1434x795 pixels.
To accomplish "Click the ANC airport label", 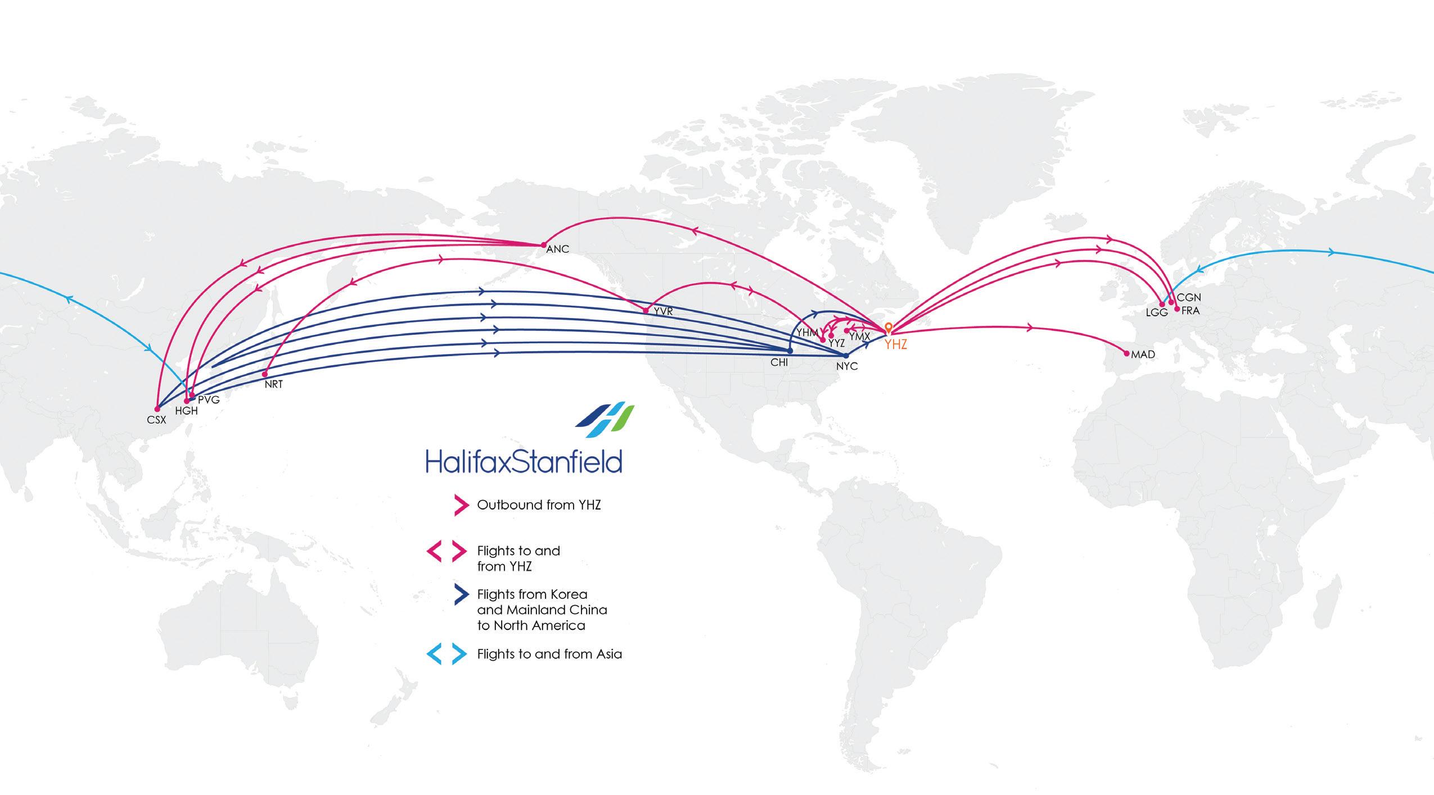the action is point(557,249).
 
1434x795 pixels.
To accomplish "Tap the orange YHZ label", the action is point(895,344).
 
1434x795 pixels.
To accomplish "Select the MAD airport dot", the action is point(1126,353).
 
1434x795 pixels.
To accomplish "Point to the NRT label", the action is point(273,385).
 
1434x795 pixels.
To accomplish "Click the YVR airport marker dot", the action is point(646,311).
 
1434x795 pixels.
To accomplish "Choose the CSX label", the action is point(156,420).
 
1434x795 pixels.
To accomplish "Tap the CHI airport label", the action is point(779,363).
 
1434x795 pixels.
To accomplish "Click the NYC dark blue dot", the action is point(846,356).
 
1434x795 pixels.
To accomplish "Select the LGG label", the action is point(1157,313).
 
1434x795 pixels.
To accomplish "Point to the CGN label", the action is point(1189,298).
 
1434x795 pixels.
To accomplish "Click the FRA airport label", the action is point(1191,310).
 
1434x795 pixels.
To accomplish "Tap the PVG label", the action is point(208,400).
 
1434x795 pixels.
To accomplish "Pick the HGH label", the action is point(186,411).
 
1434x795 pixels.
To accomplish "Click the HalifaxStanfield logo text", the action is point(524,461).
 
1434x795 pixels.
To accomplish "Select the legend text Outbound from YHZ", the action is point(539,505).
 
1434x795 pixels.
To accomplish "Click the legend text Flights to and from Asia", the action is point(549,654).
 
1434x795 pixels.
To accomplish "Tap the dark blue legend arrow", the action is point(461,594).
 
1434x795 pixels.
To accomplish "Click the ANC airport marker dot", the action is point(543,245).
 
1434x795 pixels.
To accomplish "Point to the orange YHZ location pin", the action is point(889,328).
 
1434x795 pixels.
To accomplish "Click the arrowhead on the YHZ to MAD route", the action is point(1030,328).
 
